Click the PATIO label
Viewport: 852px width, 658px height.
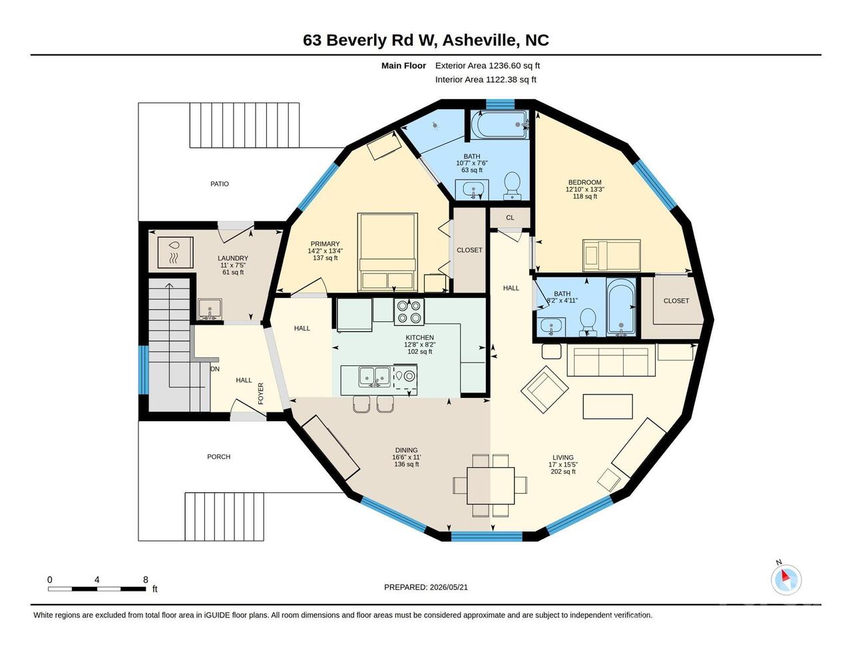pyautogui.click(x=219, y=184)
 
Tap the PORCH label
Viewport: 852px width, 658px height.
pyautogui.click(x=219, y=456)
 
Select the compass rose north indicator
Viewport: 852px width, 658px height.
pyautogui.click(x=786, y=580)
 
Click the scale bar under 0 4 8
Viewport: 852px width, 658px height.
pyautogui.click(x=97, y=589)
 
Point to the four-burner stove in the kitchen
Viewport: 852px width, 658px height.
pyautogui.click(x=409, y=312)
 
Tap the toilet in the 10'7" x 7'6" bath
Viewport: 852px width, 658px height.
pyautogui.click(x=512, y=186)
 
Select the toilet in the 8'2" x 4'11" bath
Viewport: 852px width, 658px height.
pyautogui.click(x=587, y=322)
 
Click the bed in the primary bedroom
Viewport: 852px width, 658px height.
pyautogui.click(x=387, y=252)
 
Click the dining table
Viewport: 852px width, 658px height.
pyautogui.click(x=491, y=486)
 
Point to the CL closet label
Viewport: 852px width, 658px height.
pyautogui.click(x=510, y=218)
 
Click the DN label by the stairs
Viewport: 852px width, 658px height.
pyautogui.click(x=215, y=369)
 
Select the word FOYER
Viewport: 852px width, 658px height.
pyautogui.click(x=261, y=393)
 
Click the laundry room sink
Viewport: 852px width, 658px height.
pyautogui.click(x=210, y=309)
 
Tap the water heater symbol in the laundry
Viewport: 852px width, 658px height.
pyautogui.click(x=175, y=252)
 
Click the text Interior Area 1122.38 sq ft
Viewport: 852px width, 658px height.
pyautogui.click(x=485, y=80)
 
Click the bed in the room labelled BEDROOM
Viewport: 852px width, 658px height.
pyautogui.click(x=611, y=255)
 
